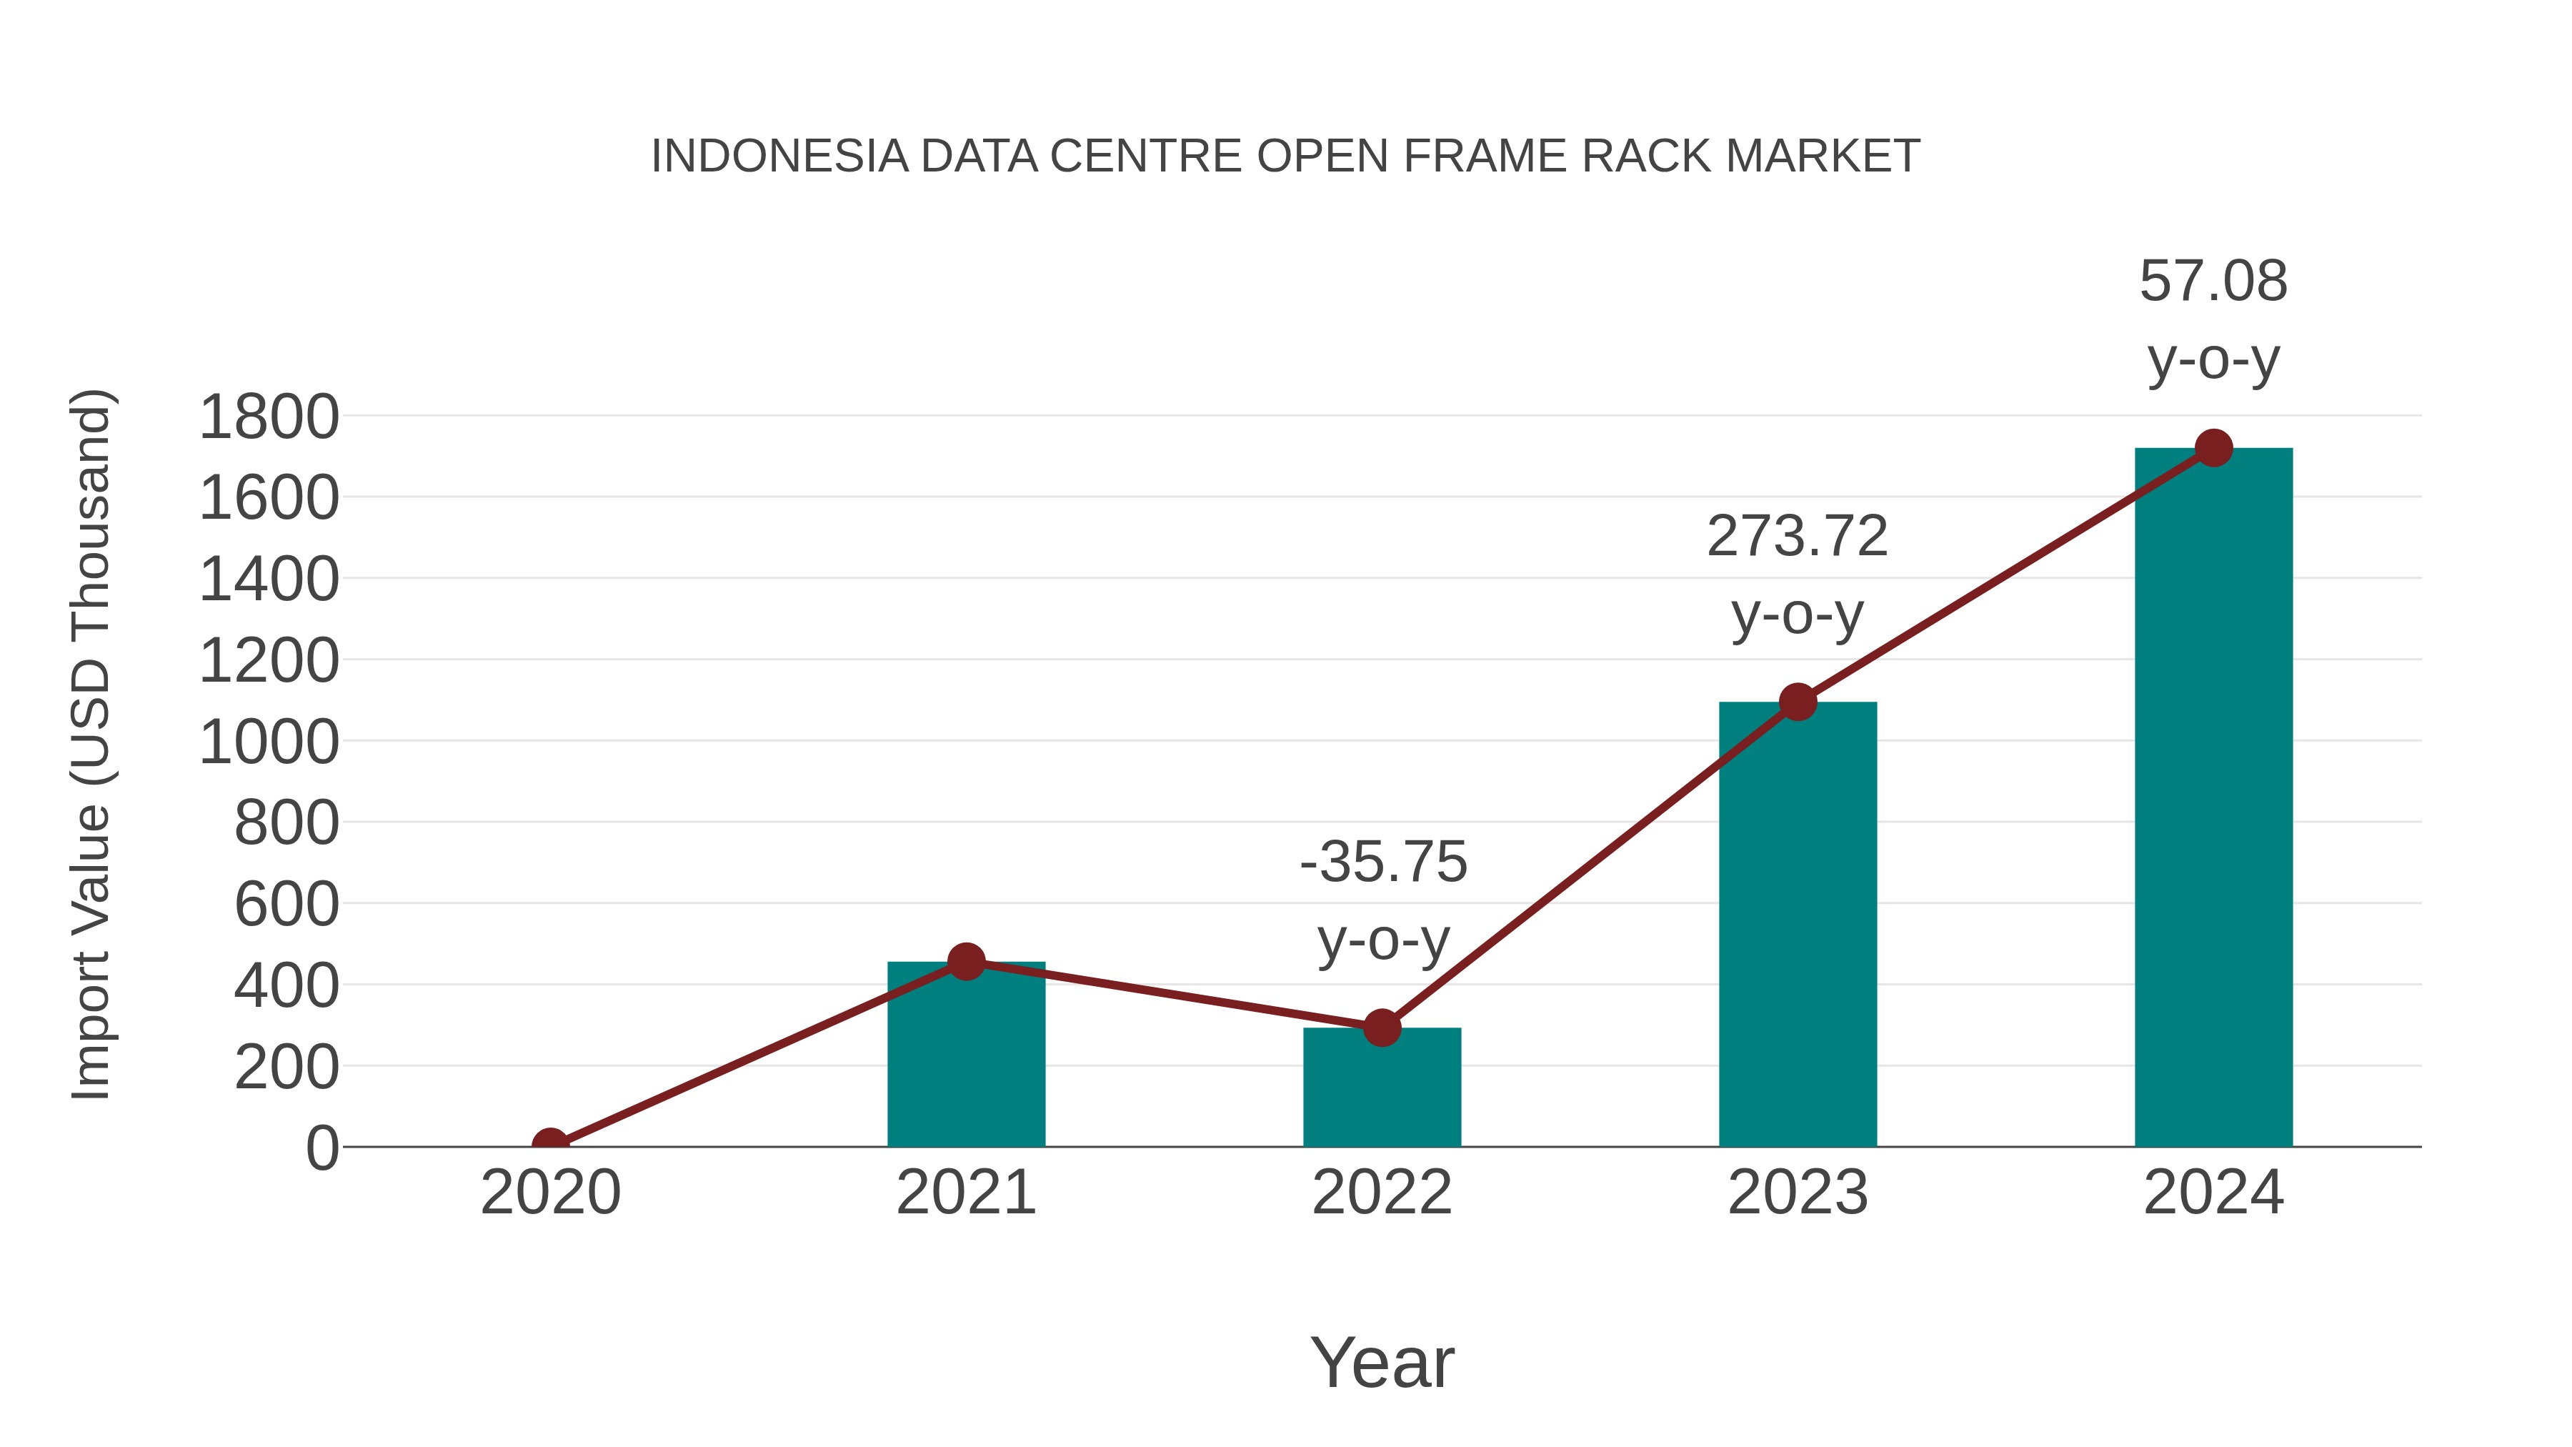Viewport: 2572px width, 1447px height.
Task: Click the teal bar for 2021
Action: point(965,1058)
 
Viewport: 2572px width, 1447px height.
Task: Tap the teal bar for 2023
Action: point(1798,929)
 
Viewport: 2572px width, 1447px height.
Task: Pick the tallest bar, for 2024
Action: point(2213,799)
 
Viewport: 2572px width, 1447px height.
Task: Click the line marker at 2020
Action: point(550,1145)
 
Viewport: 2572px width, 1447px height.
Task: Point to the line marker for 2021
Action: point(965,962)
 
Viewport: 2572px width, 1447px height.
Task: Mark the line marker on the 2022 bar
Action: point(1382,1027)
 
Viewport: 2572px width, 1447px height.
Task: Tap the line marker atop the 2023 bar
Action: point(1798,702)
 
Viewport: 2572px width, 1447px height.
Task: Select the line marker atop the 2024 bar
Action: point(2213,448)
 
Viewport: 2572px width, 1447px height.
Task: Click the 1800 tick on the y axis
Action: point(269,417)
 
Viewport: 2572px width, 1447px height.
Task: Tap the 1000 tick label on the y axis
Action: point(269,743)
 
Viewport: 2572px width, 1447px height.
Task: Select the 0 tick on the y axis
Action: point(321,1148)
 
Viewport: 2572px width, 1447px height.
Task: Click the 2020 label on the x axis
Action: point(550,1193)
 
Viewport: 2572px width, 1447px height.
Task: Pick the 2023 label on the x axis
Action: point(1798,1193)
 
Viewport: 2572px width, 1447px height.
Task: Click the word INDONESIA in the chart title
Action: point(779,156)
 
